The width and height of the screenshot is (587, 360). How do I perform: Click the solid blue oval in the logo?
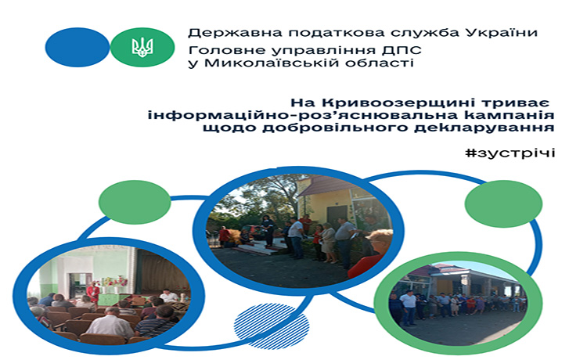tap(77, 47)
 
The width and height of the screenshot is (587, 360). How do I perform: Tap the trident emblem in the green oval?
tap(142, 47)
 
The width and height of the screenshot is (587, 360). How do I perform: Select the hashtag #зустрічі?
tap(510, 153)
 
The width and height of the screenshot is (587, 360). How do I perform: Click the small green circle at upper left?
tap(135, 202)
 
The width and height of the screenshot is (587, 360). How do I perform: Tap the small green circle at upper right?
tap(503, 205)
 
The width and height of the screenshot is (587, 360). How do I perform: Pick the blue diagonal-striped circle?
tap(272, 326)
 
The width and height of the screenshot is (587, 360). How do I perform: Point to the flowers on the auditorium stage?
tap(114, 283)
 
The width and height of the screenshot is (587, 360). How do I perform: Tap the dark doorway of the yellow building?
tap(337, 215)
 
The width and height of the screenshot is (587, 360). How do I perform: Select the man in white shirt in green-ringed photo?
tap(408, 308)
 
